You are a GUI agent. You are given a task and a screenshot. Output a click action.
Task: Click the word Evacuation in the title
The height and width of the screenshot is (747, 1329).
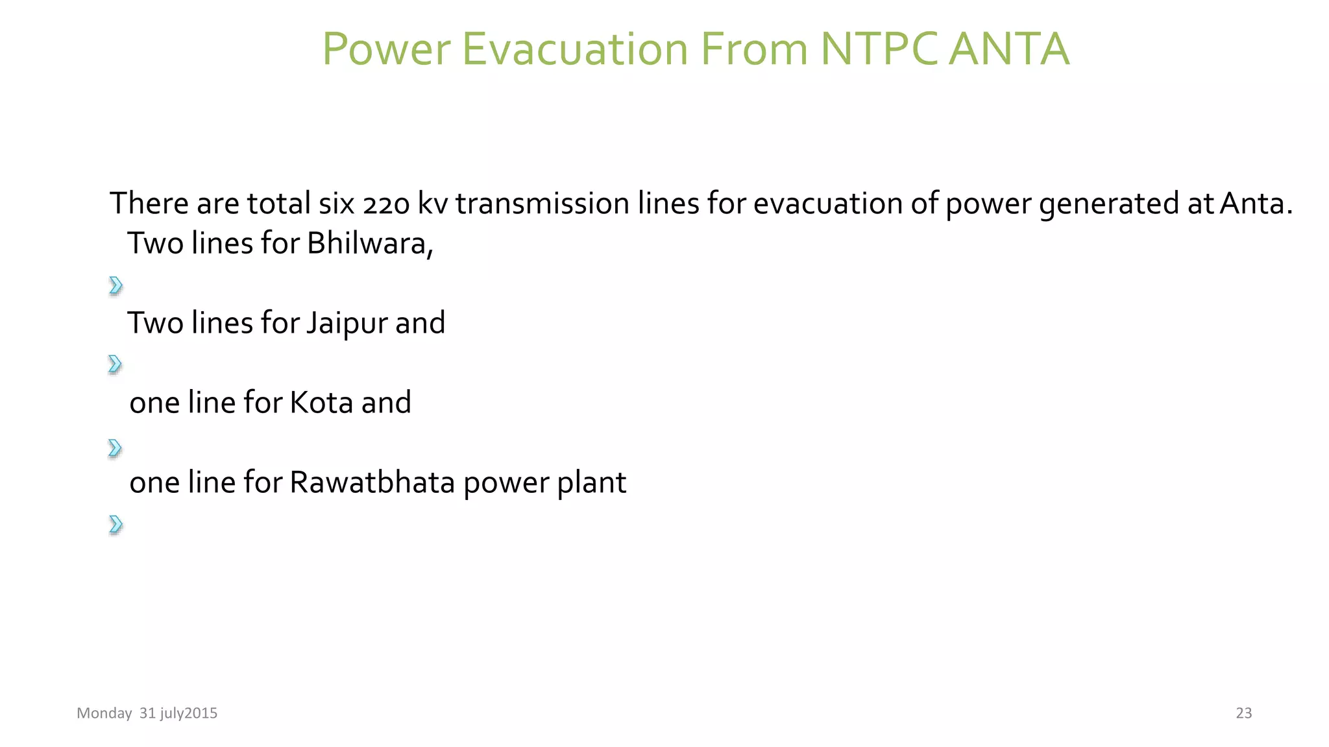574,49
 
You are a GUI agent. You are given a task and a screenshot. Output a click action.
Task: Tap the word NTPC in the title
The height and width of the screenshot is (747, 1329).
879,49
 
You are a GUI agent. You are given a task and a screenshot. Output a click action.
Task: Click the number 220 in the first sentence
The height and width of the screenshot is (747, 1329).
386,204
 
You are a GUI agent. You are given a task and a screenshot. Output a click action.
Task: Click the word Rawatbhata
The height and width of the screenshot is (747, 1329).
372,482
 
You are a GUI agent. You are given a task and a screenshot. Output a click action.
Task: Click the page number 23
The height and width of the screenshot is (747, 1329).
1243,713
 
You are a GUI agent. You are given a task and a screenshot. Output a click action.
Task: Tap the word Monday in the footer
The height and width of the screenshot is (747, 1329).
104,713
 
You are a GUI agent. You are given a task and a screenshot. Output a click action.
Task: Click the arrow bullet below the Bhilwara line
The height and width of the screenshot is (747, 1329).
116,285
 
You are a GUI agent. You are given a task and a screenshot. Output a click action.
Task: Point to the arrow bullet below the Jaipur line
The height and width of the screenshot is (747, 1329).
115,364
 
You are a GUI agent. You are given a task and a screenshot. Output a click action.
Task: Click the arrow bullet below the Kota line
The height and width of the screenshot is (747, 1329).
115,448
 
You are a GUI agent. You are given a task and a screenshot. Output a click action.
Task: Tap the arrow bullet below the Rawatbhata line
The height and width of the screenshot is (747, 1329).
116,524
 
